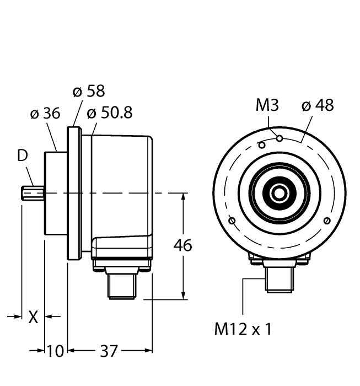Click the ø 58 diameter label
pyautogui.click(x=89, y=91)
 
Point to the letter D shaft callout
pyautogui.click(x=22, y=156)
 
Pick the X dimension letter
pyautogui.click(x=33, y=317)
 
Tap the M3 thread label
pyautogui.click(x=267, y=105)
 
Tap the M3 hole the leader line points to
pyautogui.click(x=280, y=138)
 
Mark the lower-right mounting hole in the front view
pyautogui.click(x=327, y=221)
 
